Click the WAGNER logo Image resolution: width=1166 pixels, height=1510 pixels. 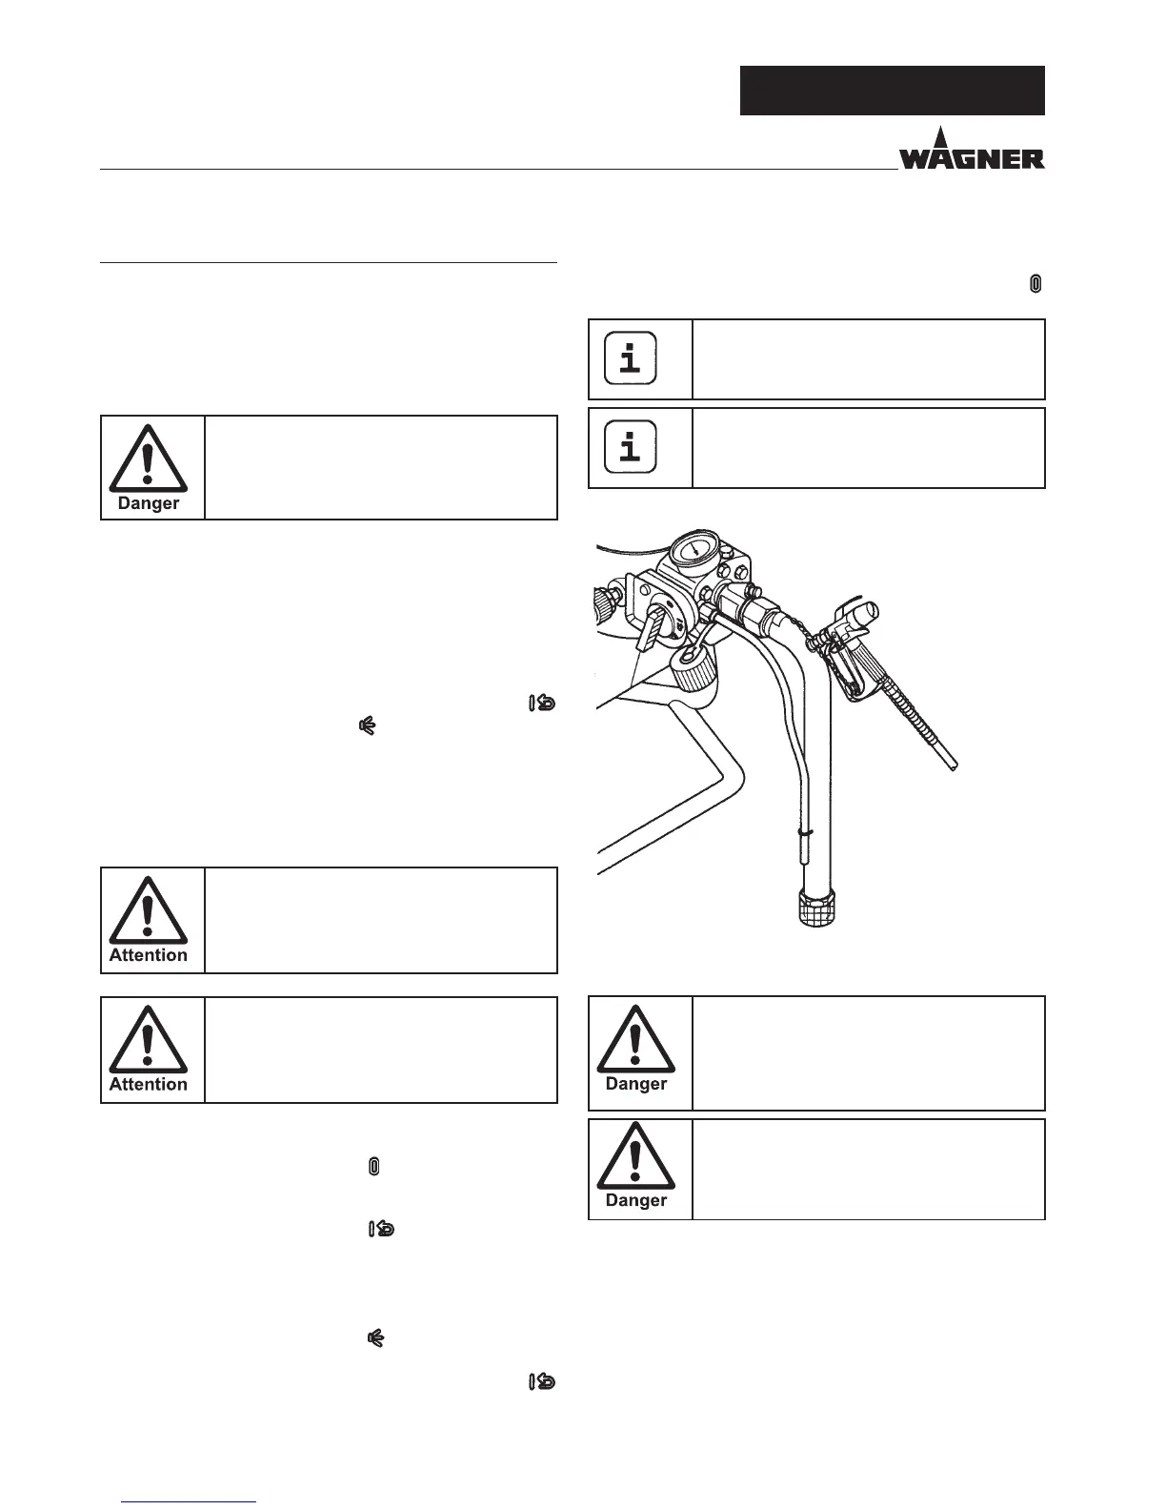tap(972, 153)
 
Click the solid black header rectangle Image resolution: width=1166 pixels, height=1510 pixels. tap(892, 91)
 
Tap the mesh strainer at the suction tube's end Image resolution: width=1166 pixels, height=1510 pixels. tap(815, 907)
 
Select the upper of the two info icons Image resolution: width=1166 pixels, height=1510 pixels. tap(631, 358)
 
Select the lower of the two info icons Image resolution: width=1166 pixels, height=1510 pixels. tap(631, 446)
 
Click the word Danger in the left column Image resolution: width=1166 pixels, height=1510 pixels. tap(148, 503)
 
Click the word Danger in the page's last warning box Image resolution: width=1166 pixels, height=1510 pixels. tap(635, 1200)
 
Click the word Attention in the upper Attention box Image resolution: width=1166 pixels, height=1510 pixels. tap(148, 955)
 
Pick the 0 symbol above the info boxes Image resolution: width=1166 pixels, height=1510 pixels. tap(1035, 283)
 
